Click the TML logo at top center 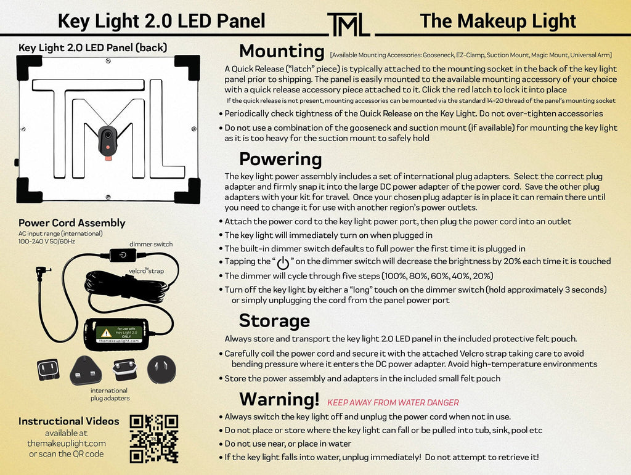coord(348,24)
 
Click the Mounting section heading coord(282,51)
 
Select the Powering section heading coord(280,159)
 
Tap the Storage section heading coord(274,320)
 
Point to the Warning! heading coord(279,399)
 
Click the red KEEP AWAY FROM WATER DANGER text coord(393,402)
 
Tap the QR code coord(154,438)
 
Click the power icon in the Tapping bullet coord(283,263)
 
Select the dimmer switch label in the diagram coord(151,244)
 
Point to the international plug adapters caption coord(109,394)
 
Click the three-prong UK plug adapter coord(85,370)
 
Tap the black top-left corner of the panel coord(28,67)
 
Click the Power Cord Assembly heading coord(71,223)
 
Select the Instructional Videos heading coord(69,421)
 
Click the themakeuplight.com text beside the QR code coord(67,443)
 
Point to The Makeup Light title coord(497,21)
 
